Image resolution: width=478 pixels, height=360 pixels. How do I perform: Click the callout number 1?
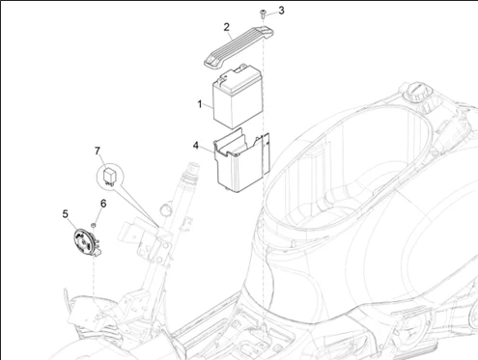pos(200,103)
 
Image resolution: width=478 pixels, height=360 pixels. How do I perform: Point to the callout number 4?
pos(195,146)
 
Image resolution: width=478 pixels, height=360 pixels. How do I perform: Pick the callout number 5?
pos(65,214)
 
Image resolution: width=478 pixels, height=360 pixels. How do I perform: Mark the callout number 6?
pos(102,204)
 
